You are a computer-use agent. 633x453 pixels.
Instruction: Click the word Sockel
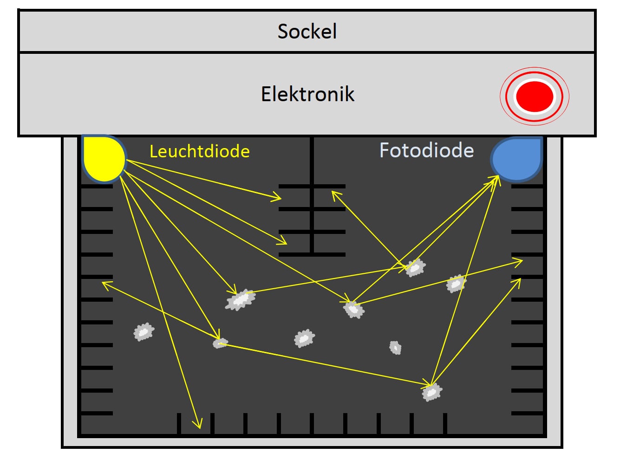coord(307,32)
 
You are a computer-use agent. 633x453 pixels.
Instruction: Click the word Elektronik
coord(307,94)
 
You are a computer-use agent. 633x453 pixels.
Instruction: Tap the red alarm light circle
coord(535,96)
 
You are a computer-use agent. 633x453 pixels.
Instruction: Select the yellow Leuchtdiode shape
coord(104,159)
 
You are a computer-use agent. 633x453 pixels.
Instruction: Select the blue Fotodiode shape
coord(517,159)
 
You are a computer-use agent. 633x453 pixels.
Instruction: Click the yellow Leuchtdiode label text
coord(200,151)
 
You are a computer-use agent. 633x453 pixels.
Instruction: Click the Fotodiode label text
coord(426,150)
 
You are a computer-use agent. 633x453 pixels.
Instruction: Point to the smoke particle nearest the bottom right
coord(432,392)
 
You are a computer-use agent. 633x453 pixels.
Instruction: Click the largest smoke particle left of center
coord(241,300)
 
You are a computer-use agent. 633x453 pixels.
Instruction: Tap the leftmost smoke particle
coord(144,332)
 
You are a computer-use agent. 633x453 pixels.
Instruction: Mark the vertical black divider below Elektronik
coord(312,195)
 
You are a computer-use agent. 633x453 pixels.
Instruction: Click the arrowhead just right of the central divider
coord(336,195)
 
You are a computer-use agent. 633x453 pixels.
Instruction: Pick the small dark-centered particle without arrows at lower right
coord(395,348)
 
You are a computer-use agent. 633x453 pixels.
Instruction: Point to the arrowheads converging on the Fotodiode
coord(494,181)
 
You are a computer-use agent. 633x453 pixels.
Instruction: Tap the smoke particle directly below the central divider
coord(304,338)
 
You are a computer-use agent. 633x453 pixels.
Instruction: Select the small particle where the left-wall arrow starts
coord(220,343)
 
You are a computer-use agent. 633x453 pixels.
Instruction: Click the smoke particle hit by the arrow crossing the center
coord(354,310)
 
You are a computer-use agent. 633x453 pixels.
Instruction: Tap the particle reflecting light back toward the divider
coord(415,267)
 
